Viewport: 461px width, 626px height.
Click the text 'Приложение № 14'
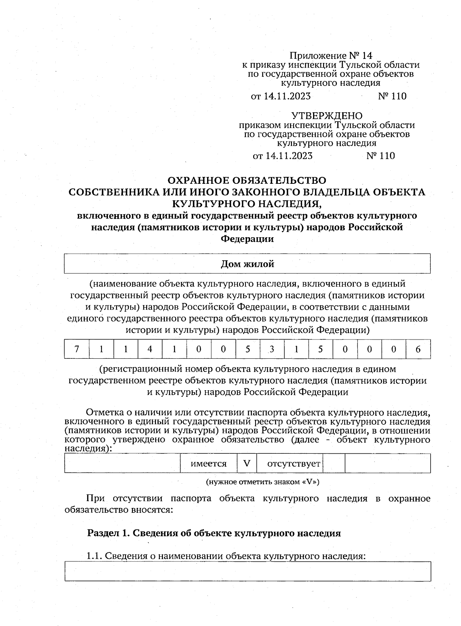(331, 56)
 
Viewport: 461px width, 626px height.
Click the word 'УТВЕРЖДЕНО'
(327, 116)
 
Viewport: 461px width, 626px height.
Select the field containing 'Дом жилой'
(247, 264)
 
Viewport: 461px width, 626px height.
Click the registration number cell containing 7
(76, 349)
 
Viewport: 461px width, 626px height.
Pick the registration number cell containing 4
(150, 349)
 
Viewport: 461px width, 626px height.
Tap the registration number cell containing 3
(272, 349)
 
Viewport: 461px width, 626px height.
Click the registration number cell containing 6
(418, 349)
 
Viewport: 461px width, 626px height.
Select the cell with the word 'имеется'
(209, 464)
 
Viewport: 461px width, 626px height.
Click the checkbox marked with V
(247, 464)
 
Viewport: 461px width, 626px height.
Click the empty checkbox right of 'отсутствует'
(334, 464)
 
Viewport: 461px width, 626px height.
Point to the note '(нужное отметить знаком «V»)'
(263, 482)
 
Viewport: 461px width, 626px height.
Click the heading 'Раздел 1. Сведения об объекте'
(214, 533)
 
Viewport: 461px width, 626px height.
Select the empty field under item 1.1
(247, 571)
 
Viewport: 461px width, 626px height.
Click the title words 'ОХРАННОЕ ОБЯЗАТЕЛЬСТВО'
(247, 180)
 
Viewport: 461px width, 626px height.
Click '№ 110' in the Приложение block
(392, 96)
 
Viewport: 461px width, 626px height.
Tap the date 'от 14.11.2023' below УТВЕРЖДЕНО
(282, 156)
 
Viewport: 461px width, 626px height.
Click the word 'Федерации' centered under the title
(247, 239)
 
